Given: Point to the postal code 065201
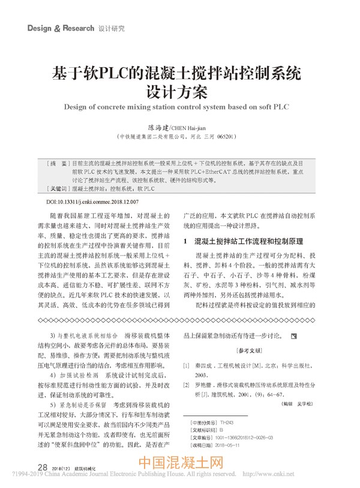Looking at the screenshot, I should pos(229,137).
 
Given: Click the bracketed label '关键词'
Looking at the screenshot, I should pos(59,188).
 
